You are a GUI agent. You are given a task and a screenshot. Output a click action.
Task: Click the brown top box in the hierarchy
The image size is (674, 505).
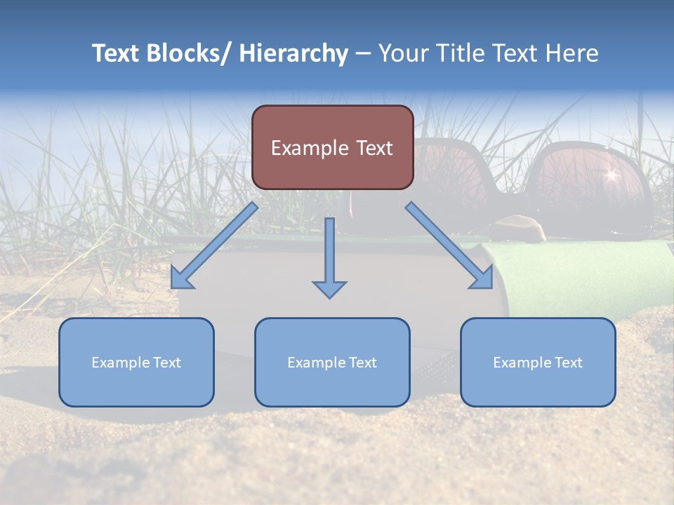pos(332,147)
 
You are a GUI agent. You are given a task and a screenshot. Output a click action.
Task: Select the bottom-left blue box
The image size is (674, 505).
pos(136,362)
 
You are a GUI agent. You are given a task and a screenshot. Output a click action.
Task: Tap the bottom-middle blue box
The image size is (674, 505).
pos(332,362)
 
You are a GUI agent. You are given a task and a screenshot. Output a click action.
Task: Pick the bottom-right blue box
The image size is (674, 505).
pos(538,362)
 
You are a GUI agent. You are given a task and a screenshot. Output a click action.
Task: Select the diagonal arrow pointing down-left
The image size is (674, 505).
pos(213,246)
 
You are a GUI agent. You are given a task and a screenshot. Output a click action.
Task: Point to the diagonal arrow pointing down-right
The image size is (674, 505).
pos(449,245)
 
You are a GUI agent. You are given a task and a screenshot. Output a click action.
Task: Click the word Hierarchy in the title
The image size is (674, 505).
pos(293,53)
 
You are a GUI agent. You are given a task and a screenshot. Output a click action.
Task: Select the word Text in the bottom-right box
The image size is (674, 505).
pos(567,363)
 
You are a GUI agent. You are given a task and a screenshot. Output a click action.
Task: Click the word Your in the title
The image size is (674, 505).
pos(404,53)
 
